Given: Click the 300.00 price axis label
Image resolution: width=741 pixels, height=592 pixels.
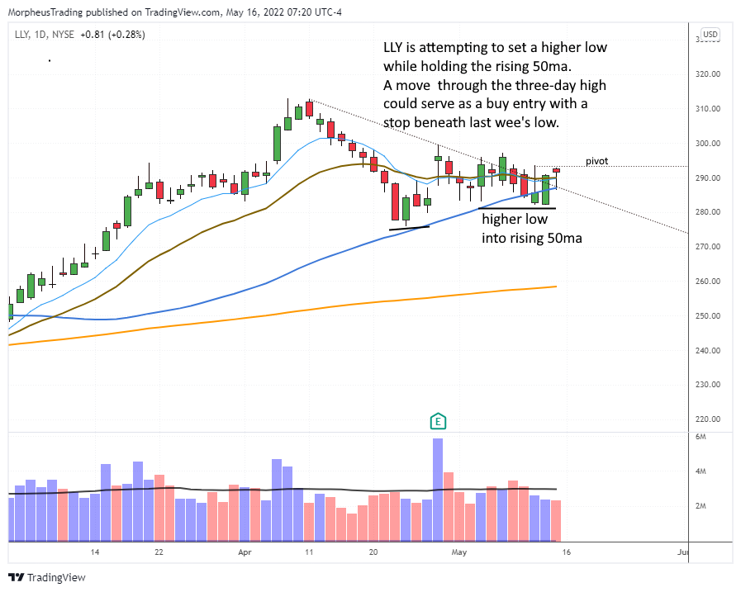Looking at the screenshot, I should [710, 144].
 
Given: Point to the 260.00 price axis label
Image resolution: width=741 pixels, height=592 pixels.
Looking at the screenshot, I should [710, 282].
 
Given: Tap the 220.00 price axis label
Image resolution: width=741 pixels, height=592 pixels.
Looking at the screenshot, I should [710, 419].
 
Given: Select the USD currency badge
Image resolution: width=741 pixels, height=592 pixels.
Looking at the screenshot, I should [710, 35].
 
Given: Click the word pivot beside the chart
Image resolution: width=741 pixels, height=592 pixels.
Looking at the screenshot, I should [597, 161].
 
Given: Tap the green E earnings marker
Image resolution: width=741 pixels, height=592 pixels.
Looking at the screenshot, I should [438, 422].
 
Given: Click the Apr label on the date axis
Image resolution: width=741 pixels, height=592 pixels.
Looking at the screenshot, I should [245, 552].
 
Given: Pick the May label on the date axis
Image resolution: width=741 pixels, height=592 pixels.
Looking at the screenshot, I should [459, 552].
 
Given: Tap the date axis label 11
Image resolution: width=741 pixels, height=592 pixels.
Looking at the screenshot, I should [309, 552].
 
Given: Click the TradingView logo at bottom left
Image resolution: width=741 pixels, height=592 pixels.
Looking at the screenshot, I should [47, 577].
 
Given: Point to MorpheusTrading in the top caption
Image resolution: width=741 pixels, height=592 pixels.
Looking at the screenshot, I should [45, 12].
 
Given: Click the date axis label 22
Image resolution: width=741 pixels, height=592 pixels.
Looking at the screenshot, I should [159, 552].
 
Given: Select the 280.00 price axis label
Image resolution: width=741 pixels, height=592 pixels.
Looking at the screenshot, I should [710, 212].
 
